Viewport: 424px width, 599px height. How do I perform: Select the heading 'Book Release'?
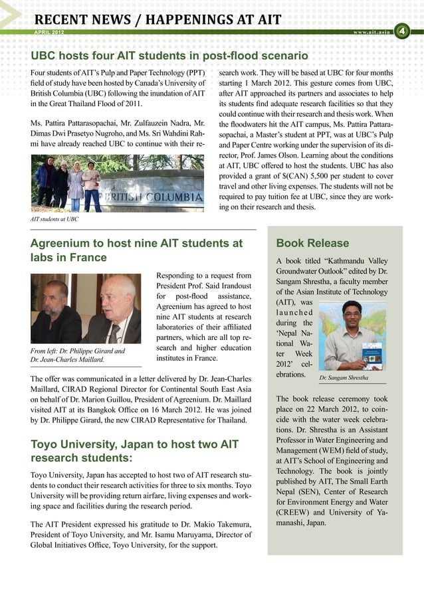(x=308, y=243)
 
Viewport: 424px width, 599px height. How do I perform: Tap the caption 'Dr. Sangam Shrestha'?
(x=345, y=378)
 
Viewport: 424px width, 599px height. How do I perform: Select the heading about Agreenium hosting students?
(x=136, y=250)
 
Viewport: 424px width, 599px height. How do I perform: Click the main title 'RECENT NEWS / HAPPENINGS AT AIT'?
(x=158, y=19)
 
